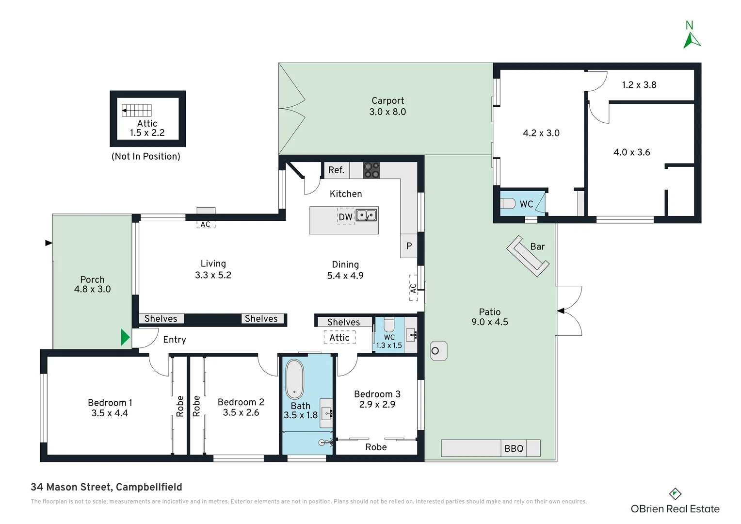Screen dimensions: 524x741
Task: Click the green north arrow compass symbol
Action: pyautogui.click(x=691, y=40)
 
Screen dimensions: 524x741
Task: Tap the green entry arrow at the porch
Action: pyautogui.click(x=125, y=337)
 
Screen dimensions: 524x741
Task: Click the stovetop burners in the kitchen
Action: pyautogui.click(x=371, y=170)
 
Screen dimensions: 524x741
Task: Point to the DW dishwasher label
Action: pyautogui.click(x=345, y=217)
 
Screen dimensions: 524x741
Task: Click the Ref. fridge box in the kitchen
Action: pyautogui.click(x=336, y=170)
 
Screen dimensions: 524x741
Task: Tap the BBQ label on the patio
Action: pyautogui.click(x=514, y=448)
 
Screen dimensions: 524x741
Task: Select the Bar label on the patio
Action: pyautogui.click(x=537, y=246)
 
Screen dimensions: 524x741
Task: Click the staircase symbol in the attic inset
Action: pyautogui.click(x=137, y=111)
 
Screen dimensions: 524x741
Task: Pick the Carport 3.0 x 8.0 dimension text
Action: pyautogui.click(x=387, y=112)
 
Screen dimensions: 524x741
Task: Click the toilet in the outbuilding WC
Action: pyautogui.click(x=508, y=203)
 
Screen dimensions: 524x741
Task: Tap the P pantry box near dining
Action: pyautogui.click(x=409, y=246)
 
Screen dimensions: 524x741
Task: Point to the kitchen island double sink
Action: pyautogui.click(x=366, y=215)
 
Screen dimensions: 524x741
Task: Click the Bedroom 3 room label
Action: pyautogui.click(x=377, y=394)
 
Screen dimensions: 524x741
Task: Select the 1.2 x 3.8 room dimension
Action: pyautogui.click(x=639, y=85)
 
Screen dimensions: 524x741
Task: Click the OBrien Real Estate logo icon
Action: pyautogui.click(x=675, y=494)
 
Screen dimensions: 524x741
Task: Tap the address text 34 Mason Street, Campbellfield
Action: pyautogui.click(x=106, y=487)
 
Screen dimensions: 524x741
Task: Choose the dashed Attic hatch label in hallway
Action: pyautogui.click(x=339, y=338)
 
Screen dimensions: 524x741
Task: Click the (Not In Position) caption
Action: pyautogui.click(x=146, y=156)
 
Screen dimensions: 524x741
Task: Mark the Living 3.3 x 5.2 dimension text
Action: pyautogui.click(x=213, y=275)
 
